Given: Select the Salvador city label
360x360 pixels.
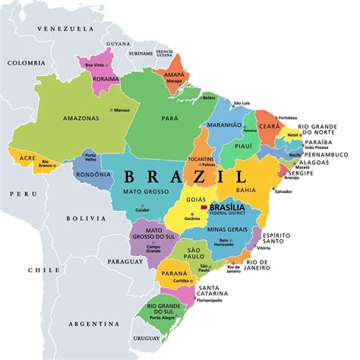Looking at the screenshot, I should pos(283,191).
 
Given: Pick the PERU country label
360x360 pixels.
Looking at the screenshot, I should pos(18,194).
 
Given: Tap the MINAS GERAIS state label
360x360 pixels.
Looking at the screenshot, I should pos(228,228).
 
